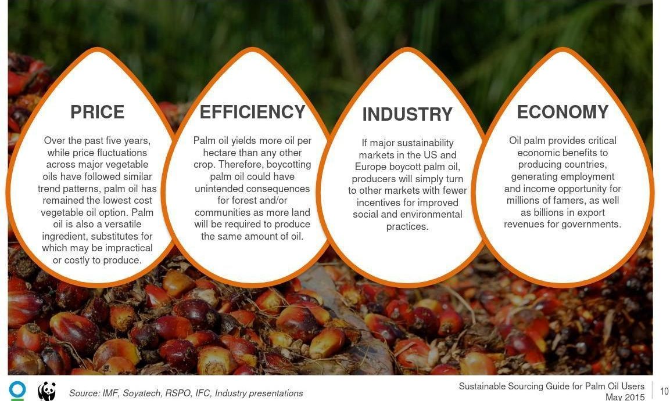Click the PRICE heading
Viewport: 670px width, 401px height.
click(97, 112)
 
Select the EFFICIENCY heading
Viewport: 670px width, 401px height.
click(252, 112)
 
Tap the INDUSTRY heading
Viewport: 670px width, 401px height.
click(407, 115)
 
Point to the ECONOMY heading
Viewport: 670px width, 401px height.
click(562, 112)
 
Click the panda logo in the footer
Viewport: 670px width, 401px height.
click(46, 391)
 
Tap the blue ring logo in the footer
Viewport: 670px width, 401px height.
click(17, 389)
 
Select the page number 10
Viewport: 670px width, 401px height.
click(664, 392)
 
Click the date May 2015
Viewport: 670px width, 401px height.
click(625, 397)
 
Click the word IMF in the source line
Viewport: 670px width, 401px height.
click(110, 393)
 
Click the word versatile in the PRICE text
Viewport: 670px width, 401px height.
click(121, 224)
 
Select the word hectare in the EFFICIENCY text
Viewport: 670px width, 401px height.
click(220, 153)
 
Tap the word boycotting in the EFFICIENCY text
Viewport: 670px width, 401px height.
click(288, 164)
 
